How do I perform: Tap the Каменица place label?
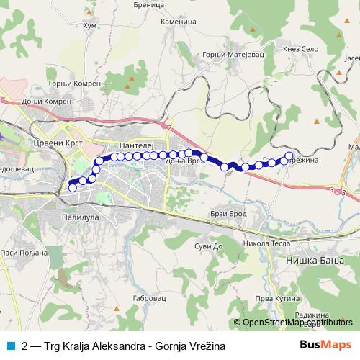pos(179,22)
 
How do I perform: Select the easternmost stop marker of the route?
pos(289,156)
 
